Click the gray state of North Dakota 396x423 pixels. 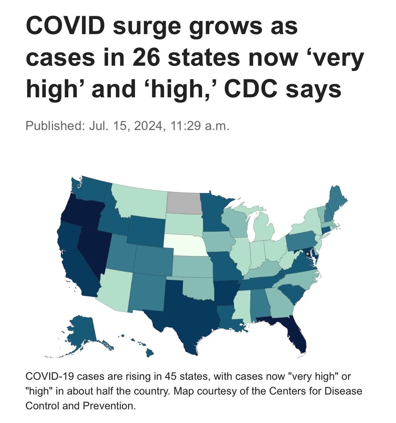184,203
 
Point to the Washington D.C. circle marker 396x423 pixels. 308,253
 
